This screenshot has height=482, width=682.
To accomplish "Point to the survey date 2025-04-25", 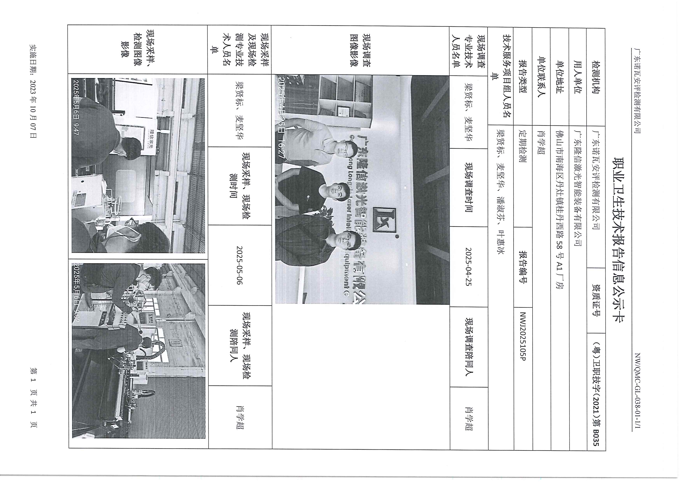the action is click(x=469, y=267).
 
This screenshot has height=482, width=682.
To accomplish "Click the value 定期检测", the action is click(x=523, y=146).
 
